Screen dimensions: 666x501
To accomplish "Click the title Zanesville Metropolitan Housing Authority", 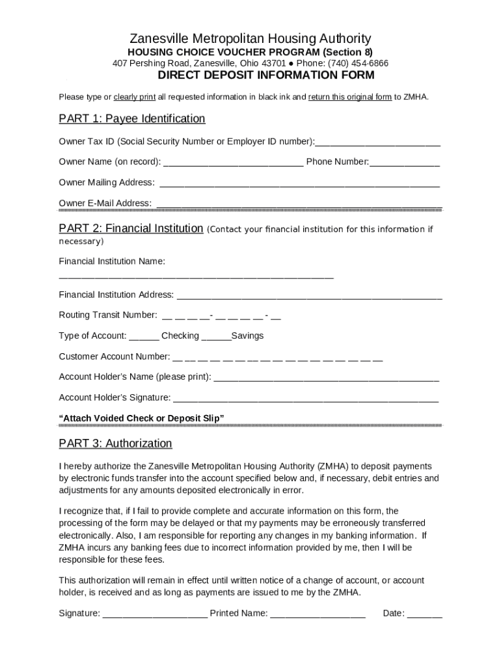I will pos(251,38).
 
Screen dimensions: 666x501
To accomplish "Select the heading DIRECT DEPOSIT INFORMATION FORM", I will pos(267,75).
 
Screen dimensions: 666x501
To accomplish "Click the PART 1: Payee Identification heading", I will pos(132,118).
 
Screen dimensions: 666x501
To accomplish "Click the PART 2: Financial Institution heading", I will pos(131,228).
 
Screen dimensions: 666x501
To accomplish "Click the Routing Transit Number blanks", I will pos(221,317).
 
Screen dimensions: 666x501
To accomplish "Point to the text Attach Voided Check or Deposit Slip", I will pos(141,418).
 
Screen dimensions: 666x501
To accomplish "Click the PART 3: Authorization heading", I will pos(115,444).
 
